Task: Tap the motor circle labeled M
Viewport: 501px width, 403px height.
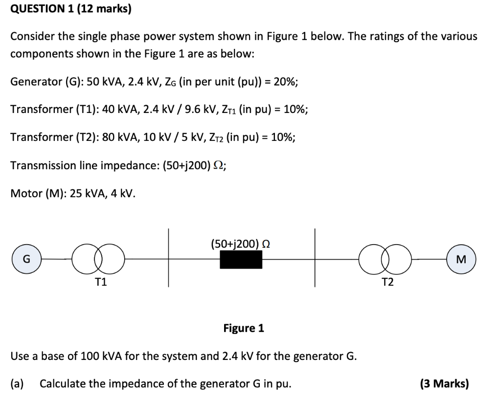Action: click(461, 259)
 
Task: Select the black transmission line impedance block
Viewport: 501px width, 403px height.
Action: click(241, 259)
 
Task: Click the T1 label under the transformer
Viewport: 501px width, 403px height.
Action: click(101, 282)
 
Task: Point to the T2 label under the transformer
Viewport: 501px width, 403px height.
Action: click(387, 282)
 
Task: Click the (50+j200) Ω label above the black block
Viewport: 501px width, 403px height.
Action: click(241, 243)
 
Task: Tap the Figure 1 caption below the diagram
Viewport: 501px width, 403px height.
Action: click(243, 328)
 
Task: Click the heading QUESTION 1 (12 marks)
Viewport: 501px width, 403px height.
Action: click(71, 9)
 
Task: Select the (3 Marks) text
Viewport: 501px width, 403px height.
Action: click(444, 383)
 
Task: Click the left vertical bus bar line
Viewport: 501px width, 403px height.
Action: click(169, 258)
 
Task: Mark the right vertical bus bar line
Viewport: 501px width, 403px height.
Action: click(315, 258)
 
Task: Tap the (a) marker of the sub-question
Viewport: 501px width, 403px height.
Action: click(18, 383)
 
